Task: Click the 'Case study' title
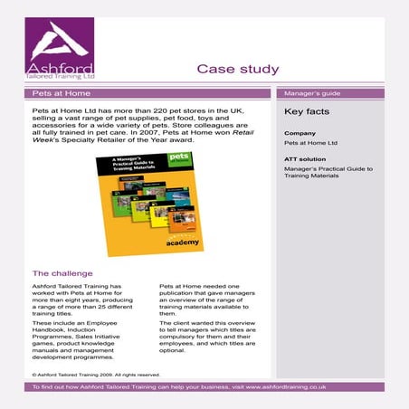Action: coord(238,69)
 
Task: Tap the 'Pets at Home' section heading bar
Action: coord(148,93)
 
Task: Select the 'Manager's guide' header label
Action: coord(311,93)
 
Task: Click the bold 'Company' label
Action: coord(300,132)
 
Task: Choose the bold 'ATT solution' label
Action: coord(305,158)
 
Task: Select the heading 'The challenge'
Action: coord(62,272)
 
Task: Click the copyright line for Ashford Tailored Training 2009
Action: coord(95,374)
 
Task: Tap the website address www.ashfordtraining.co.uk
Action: coord(291,386)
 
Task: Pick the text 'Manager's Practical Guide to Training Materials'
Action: coord(328,172)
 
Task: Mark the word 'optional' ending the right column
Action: coord(172,350)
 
